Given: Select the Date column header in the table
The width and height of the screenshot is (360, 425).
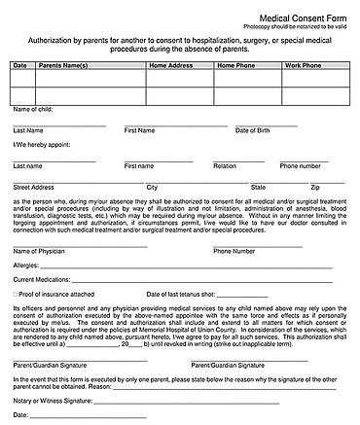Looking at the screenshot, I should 20,66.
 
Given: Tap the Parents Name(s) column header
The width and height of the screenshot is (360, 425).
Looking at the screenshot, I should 62,66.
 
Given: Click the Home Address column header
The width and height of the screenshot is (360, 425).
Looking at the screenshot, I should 172,66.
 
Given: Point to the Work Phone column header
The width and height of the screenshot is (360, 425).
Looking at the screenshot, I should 303,66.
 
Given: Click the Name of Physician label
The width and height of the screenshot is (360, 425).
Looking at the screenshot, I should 39,251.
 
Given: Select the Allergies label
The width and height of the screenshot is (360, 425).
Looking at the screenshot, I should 26,265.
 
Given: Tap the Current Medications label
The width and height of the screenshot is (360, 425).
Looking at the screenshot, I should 43,279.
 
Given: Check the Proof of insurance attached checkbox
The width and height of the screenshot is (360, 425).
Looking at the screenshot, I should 16,293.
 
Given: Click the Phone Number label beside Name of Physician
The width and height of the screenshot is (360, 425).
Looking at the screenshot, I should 234,251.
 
